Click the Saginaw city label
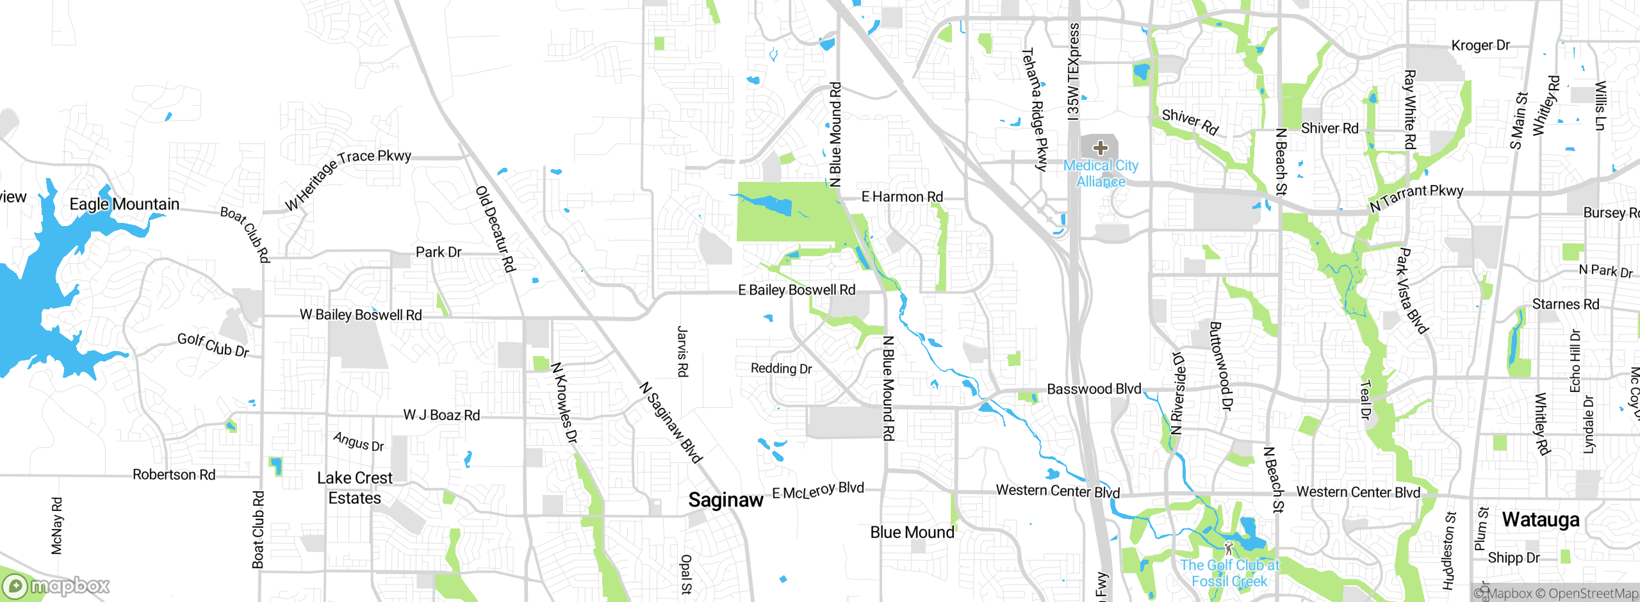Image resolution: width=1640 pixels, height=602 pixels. pos(725,500)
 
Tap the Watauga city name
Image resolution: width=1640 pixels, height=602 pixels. pos(1541,519)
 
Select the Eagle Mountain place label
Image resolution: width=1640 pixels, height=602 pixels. pos(124,204)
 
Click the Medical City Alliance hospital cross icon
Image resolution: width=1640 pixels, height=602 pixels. pos(1101,148)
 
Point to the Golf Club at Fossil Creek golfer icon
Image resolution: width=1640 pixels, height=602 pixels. pos(1228,548)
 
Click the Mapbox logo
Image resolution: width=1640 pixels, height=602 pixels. pos(56,585)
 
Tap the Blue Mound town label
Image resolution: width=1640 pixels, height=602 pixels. pos(912,532)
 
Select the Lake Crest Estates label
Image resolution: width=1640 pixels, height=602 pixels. pos(354,488)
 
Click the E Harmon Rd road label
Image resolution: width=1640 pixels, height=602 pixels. pos(902,197)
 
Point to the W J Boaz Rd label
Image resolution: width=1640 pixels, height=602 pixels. pos(441,415)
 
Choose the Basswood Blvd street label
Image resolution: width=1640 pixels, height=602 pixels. pos(1094,389)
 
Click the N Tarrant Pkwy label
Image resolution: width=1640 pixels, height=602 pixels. pos(1416,198)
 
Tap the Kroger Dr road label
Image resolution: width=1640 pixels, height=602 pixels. pos(1480,45)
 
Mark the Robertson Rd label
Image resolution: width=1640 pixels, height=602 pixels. pos(174,475)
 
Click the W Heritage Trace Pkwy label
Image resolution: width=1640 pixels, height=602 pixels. pos(347,179)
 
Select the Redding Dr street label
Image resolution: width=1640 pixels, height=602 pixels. pos(781,368)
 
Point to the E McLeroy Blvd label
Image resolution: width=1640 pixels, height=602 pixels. pos(818,491)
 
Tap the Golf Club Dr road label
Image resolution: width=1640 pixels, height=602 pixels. pos(213,345)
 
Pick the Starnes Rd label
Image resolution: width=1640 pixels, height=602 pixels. pos(1565,304)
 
